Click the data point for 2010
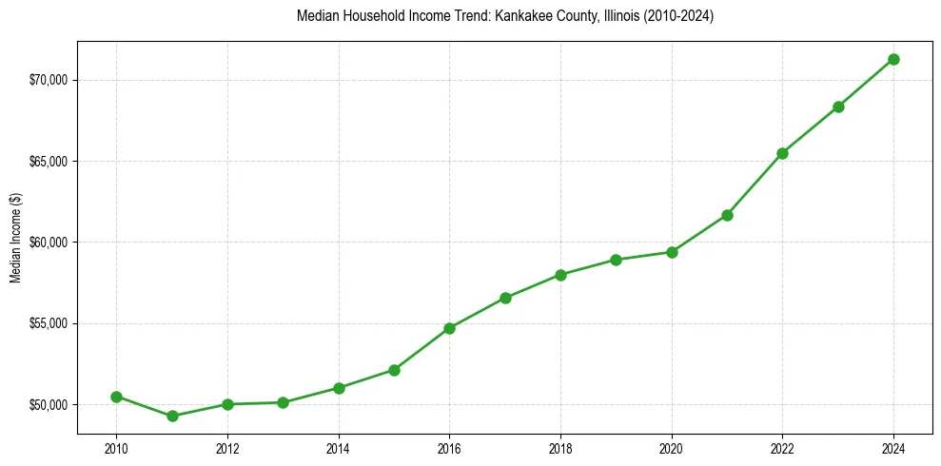point(116,397)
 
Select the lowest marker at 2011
point(172,416)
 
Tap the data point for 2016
point(449,328)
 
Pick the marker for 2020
point(672,252)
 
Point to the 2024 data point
point(893,59)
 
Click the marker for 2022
point(782,153)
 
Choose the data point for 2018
point(560,275)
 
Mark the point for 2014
point(339,388)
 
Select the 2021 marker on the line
point(727,215)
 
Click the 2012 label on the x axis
point(227,448)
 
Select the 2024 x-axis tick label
point(893,448)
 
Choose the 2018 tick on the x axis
point(560,448)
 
